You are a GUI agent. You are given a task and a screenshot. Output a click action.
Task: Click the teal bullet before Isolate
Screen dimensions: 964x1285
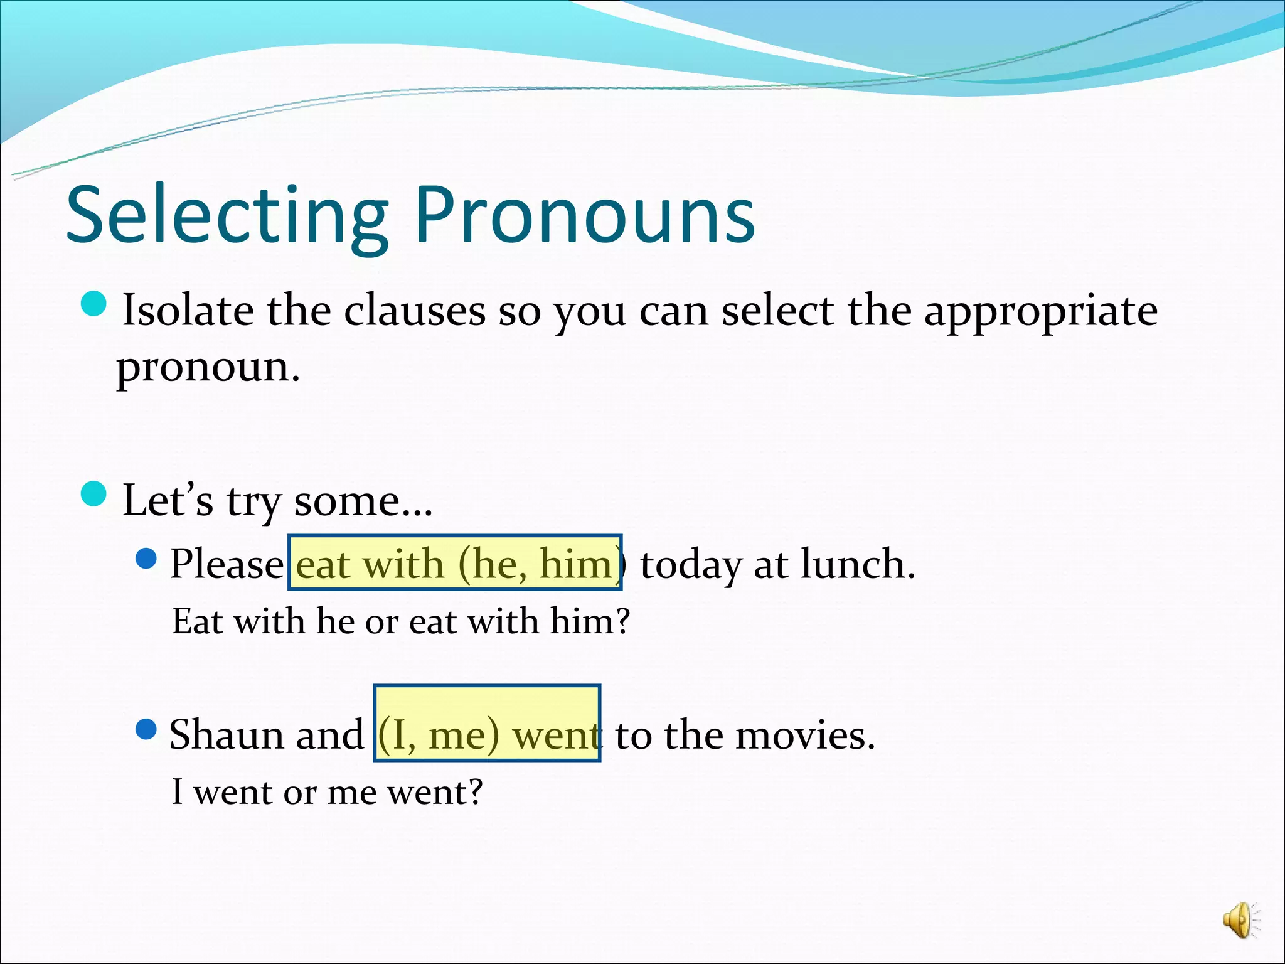(x=94, y=304)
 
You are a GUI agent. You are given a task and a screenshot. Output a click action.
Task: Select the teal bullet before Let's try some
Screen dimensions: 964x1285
(x=94, y=493)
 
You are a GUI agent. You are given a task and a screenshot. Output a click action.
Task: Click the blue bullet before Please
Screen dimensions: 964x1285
(x=146, y=558)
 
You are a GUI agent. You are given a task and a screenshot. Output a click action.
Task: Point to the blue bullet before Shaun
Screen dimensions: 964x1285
(x=146, y=729)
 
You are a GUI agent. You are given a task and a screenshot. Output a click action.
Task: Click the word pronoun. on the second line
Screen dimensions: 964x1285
(x=208, y=368)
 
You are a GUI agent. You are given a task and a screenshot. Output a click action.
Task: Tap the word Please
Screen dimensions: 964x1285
(x=226, y=564)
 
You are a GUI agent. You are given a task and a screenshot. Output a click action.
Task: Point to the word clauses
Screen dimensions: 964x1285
(x=414, y=311)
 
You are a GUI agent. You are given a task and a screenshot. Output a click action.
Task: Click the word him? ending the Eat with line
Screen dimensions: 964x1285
(x=589, y=622)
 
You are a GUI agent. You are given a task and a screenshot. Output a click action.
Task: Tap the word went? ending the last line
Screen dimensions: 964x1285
(x=434, y=793)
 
